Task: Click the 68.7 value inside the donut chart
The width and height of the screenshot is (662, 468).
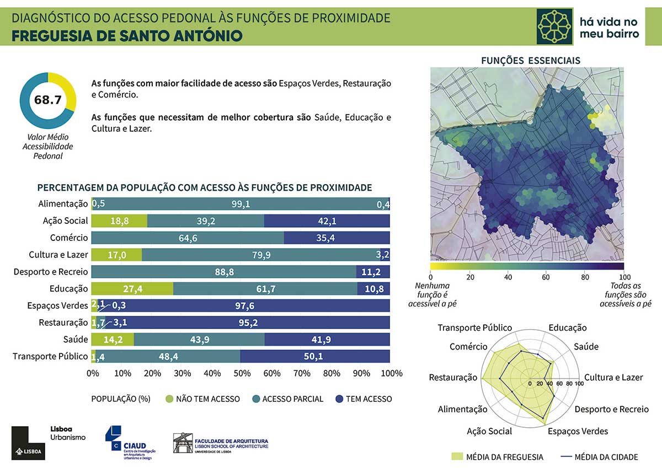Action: (47, 100)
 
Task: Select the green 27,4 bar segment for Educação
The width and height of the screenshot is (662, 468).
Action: (132, 288)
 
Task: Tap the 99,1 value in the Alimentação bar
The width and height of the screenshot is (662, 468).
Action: (241, 204)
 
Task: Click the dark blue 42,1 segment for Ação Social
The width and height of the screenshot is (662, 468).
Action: (327, 221)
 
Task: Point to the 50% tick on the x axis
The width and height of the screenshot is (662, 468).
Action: (241, 374)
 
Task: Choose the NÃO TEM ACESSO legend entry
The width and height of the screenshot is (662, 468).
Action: (202, 399)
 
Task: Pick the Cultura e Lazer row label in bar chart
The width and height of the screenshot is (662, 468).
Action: (58, 255)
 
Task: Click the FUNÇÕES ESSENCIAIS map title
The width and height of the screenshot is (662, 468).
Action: (531, 60)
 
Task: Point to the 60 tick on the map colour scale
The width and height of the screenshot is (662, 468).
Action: (546, 277)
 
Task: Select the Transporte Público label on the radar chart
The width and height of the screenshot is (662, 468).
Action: (474, 328)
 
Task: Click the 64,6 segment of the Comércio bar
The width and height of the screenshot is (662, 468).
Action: (188, 238)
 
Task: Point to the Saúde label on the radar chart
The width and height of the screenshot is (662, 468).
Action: (586, 347)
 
